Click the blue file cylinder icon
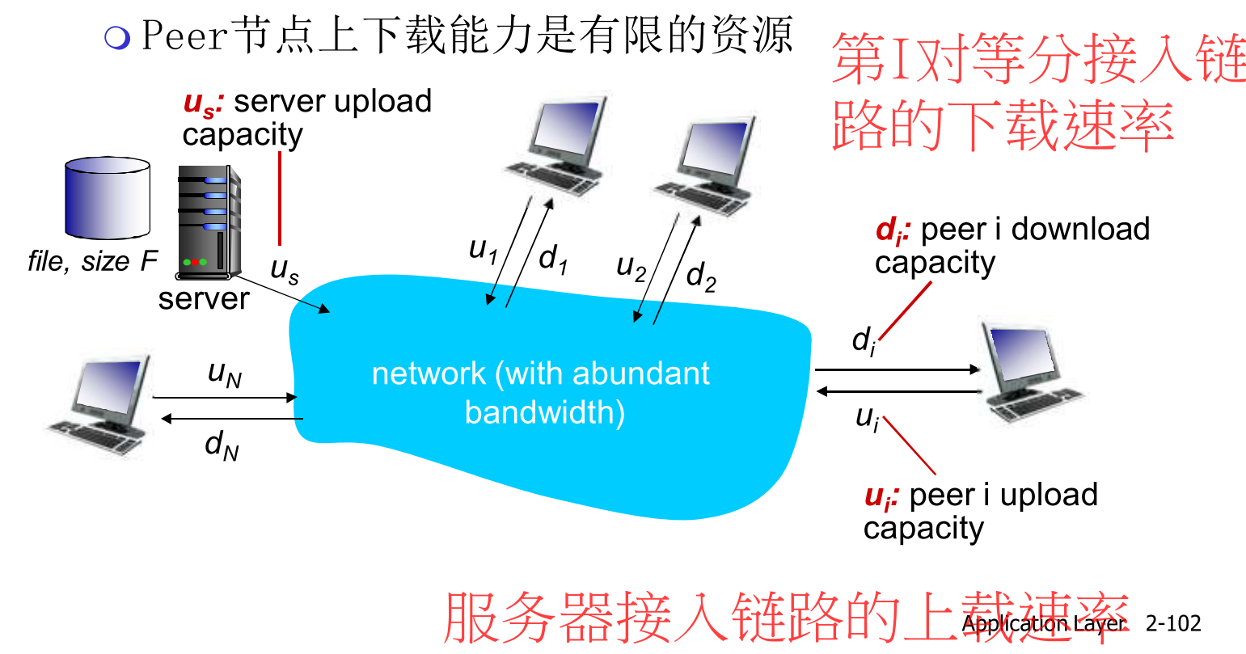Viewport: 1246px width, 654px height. pyautogui.click(x=107, y=198)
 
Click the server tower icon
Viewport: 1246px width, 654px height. pyautogui.click(x=209, y=222)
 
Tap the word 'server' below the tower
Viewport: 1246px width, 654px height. pyautogui.click(x=203, y=298)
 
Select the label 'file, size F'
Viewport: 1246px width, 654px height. pyautogui.click(x=91, y=261)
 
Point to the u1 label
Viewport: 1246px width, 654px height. pyautogui.click(x=483, y=250)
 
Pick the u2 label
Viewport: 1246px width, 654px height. pyautogui.click(x=631, y=266)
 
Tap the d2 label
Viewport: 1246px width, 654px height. pyautogui.click(x=700, y=276)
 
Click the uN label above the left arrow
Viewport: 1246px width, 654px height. pyautogui.click(x=224, y=373)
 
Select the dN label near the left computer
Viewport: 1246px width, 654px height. pyautogui.click(x=221, y=445)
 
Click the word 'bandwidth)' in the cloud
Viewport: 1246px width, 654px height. pyautogui.click(x=544, y=412)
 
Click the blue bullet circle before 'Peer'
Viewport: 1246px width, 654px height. pyautogui.click(x=117, y=37)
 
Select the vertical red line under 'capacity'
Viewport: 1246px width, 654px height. pyautogui.click(x=280, y=198)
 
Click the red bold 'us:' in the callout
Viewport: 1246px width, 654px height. pyautogui.click(x=202, y=103)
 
